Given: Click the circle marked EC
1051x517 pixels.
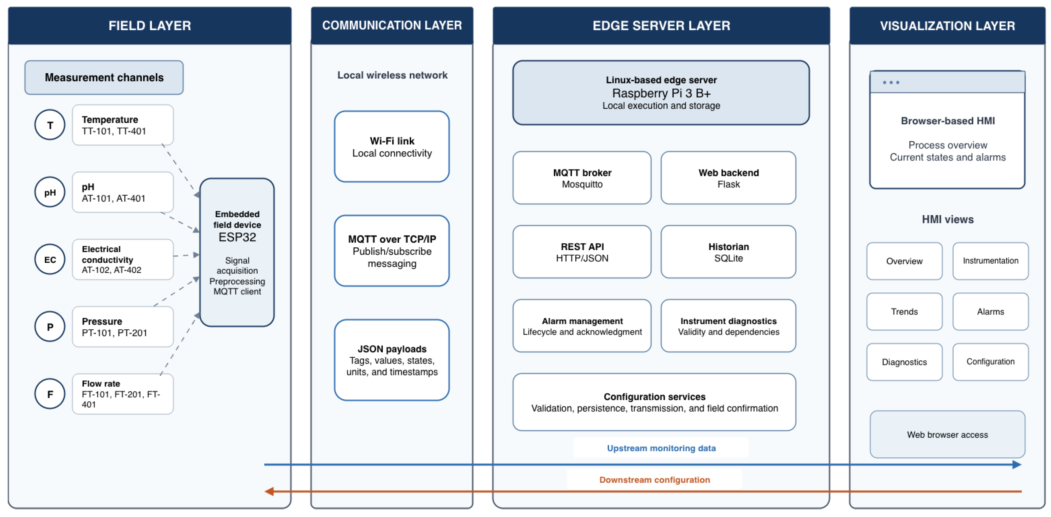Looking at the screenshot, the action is (50, 259).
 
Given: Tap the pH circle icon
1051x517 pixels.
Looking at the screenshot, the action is (50, 192).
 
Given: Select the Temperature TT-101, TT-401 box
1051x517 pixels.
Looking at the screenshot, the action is (123, 125).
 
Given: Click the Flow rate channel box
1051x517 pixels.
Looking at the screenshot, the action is (123, 394).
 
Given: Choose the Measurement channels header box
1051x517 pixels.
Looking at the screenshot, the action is (104, 77).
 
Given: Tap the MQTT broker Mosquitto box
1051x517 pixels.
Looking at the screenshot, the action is (582, 178).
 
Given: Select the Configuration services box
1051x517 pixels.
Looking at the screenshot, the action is (654, 402).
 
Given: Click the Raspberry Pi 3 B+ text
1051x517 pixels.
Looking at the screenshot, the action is (661, 93).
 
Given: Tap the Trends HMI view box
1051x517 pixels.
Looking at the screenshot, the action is (905, 311).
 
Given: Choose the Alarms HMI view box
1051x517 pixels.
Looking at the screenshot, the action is (991, 311).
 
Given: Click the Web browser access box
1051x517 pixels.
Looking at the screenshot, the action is (947, 434).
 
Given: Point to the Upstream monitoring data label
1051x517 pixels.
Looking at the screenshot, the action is (661, 448).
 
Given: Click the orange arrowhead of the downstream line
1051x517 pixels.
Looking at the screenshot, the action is (269, 491).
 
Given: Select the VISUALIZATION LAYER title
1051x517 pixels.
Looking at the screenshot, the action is (947, 26).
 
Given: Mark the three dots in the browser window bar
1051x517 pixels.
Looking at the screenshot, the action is (891, 82).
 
